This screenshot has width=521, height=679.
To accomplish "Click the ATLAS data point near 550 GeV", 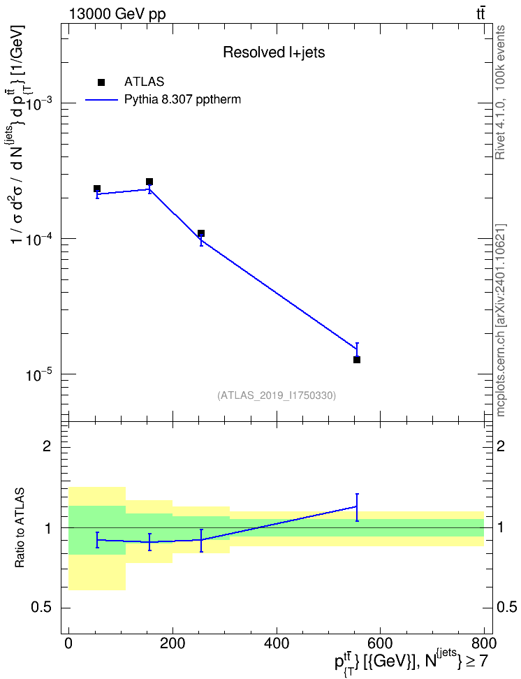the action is click(356, 360).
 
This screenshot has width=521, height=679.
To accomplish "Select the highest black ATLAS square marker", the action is click(149, 182).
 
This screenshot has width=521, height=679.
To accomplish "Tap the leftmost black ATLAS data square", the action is click(97, 189).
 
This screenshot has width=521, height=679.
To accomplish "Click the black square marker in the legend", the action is click(101, 82).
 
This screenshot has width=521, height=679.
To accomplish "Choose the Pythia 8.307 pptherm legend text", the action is click(182, 100).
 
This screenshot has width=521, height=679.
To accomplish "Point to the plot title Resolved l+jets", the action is click(274, 52).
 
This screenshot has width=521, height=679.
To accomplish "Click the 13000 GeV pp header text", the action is click(117, 14).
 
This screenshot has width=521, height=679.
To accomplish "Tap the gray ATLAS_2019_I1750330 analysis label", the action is click(277, 395).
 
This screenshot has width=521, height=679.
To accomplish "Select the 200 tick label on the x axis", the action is click(173, 642).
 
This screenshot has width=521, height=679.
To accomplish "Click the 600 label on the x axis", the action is click(380, 642).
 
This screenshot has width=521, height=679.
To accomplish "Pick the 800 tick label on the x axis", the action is click(483, 642).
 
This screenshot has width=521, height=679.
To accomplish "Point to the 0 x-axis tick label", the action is click(68, 642).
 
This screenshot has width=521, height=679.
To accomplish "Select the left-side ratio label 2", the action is click(47, 446).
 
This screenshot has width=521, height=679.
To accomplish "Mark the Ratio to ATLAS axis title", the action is click(20, 527).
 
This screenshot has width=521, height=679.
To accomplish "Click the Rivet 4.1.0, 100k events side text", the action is click(500, 92).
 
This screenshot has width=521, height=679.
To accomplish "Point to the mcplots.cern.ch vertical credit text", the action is click(500, 321).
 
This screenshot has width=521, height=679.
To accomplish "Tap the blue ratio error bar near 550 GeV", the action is click(356, 507).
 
